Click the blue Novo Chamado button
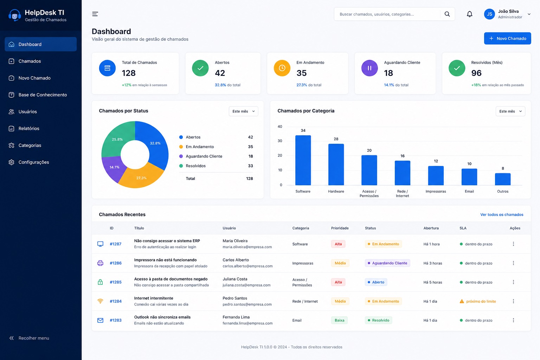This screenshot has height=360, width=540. tap(507, 38)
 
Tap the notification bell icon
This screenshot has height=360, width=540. tap(469, 14)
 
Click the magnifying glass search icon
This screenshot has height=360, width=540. tap(447, 14)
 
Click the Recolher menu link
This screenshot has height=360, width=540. tap(29, 338)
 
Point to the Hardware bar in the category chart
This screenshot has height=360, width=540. tap(336, 165)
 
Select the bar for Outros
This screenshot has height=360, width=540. tap(503, 179)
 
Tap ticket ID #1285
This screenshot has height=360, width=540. tap(115, 282)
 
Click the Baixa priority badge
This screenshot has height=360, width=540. tap(339, 320)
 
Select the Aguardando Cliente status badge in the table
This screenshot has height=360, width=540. tap(387, 263)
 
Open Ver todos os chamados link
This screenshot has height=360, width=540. tap(502, 214)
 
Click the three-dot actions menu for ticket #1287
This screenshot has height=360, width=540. tap(513, 244)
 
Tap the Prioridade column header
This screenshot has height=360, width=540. tap(340, 228)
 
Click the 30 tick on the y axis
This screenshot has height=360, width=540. tap(279, 141)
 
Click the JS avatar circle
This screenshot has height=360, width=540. tap(489, 14)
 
